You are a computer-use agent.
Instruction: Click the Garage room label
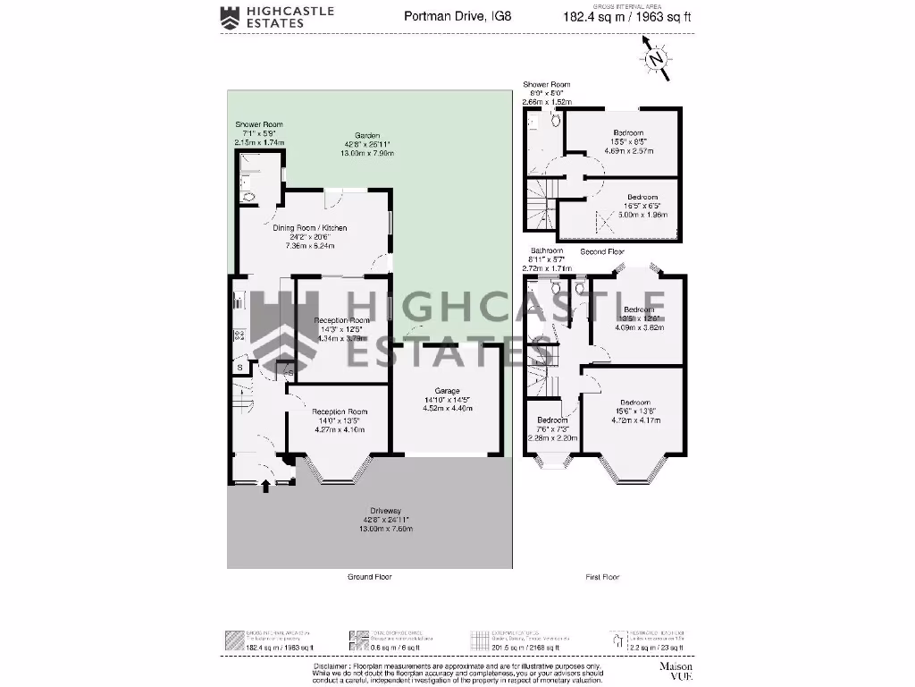447,392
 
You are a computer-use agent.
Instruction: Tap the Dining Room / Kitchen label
310,228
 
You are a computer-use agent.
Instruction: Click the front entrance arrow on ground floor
265,487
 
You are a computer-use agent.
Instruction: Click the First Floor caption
602,577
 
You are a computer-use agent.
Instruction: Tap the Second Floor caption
601,251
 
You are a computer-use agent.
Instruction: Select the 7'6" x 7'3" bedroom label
551,420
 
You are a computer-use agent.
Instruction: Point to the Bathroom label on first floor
546,250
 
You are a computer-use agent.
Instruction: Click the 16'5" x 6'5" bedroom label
642,197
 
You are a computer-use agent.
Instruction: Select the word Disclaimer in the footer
332,666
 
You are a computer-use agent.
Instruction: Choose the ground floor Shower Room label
258,124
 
